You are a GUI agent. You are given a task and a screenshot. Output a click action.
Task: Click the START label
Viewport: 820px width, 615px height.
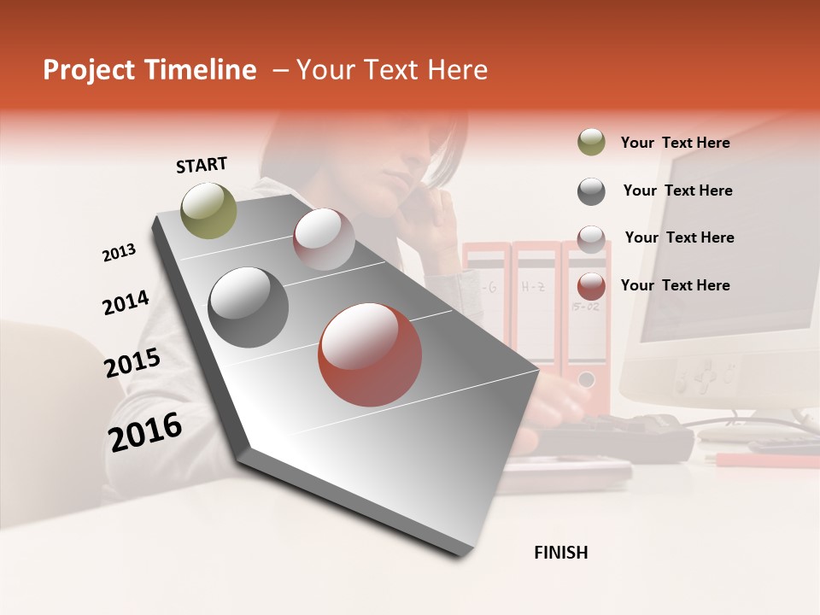tap(202, 165)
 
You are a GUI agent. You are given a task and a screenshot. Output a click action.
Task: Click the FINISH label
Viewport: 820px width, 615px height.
tap(561, 553)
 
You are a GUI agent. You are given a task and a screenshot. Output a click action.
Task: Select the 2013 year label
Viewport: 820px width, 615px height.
tap(119, 253)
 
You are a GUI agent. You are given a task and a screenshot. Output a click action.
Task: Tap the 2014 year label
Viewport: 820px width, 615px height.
tap(126, 302)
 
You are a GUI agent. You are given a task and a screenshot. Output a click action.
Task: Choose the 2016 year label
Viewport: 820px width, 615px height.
tap(145, 431)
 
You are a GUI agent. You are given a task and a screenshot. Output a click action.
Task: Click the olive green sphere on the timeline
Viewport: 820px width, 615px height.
tap(209, 210)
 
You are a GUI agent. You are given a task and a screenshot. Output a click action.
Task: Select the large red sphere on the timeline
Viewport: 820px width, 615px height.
tap(370, 354)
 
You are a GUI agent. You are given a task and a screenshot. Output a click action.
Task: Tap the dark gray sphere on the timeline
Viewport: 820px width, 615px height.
tap(248, 307)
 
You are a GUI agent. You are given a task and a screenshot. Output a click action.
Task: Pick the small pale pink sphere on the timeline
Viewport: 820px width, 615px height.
tap(324, 239)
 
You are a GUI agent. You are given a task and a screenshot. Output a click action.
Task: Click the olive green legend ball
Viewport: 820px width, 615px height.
tap(591, 143)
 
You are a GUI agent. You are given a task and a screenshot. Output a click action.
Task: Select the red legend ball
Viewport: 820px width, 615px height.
tap(591, 285)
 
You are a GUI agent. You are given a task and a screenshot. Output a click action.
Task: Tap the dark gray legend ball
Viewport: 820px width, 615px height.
tap(591, 190)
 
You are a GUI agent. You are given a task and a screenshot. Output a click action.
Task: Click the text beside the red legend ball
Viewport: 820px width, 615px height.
tap(675, 285)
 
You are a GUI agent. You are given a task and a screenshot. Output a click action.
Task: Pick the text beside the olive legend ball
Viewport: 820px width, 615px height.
tap(675, 143)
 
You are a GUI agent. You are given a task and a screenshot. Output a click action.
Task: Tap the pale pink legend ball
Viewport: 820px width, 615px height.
tap(591, 238)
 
